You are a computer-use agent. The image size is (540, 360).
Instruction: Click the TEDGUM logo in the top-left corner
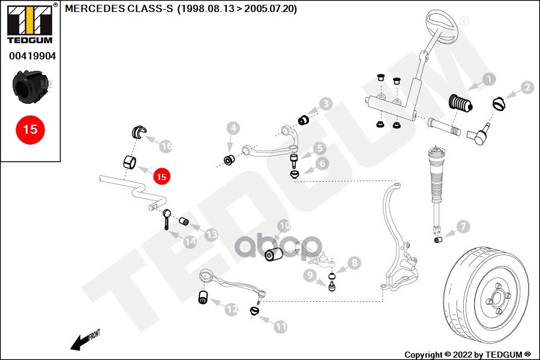tap(29, 24)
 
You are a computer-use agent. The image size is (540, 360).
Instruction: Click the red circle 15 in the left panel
tap(30, 128)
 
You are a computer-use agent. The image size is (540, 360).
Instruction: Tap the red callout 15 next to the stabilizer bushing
tap(161, 176)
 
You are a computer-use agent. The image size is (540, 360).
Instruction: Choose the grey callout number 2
tap(527, 88)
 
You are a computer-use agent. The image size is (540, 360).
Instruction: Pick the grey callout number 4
tap(233, 128)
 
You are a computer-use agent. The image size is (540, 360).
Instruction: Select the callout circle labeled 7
tap(463, 226)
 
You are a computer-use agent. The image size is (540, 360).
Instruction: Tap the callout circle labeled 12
tap(232, 310)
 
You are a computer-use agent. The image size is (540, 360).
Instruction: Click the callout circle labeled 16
tap(166, 146)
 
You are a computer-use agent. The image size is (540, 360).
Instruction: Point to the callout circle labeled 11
tap(281, 327)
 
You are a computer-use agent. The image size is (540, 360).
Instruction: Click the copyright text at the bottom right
tap(467, 354)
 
